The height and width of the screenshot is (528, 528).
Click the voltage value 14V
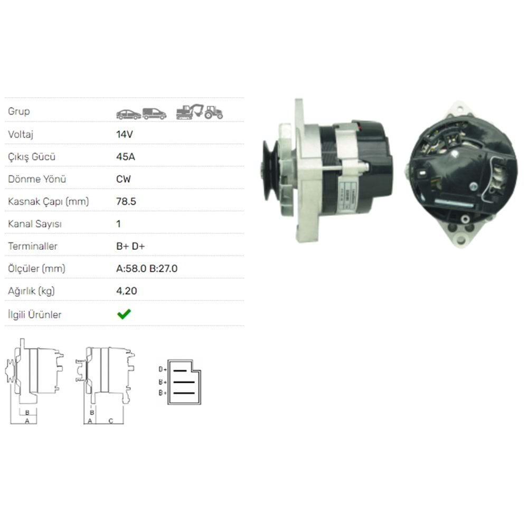[125, 134]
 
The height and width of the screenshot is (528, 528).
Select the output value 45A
[126, 157]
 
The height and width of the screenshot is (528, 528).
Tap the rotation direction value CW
[123, 179]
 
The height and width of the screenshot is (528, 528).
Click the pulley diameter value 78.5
[126, 201]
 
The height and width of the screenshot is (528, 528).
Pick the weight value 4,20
[127, 291]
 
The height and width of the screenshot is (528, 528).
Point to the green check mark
[124, 314]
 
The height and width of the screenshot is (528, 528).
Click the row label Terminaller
[33, 246]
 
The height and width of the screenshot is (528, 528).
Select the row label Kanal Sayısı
[35, 224]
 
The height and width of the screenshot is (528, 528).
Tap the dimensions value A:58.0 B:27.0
[147, 269]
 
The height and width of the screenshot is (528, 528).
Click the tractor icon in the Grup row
[213, 112]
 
